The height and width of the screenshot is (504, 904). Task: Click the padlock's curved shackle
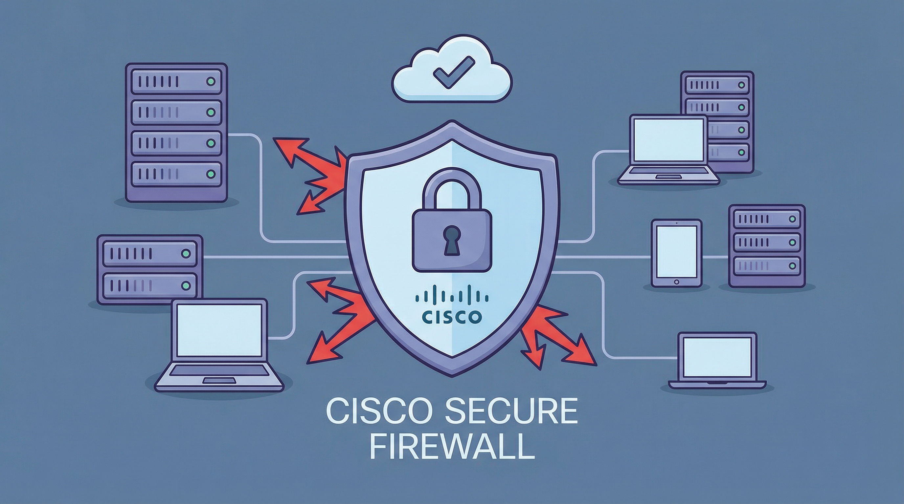tap(451, 186)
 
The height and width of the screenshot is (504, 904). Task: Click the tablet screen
tap(676, 251)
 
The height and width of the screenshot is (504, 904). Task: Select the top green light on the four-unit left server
tap(211, 82)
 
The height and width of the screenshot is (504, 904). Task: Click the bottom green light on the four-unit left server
tap(211, 174)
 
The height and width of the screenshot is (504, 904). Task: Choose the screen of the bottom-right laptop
tap(717, 357)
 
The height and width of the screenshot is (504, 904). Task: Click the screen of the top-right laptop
tap(669, 139)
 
